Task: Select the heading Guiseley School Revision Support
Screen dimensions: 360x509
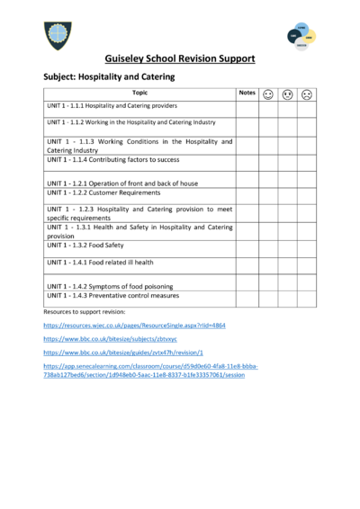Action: click(x=180, y=58)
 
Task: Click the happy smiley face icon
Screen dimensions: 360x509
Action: click(x=268, y=94)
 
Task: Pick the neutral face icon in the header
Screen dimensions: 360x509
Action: click(x=287, y=94)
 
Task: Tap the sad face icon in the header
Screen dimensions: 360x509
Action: click(x=307, y=94)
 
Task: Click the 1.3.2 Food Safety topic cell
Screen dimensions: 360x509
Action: click(x=90, y=245)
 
